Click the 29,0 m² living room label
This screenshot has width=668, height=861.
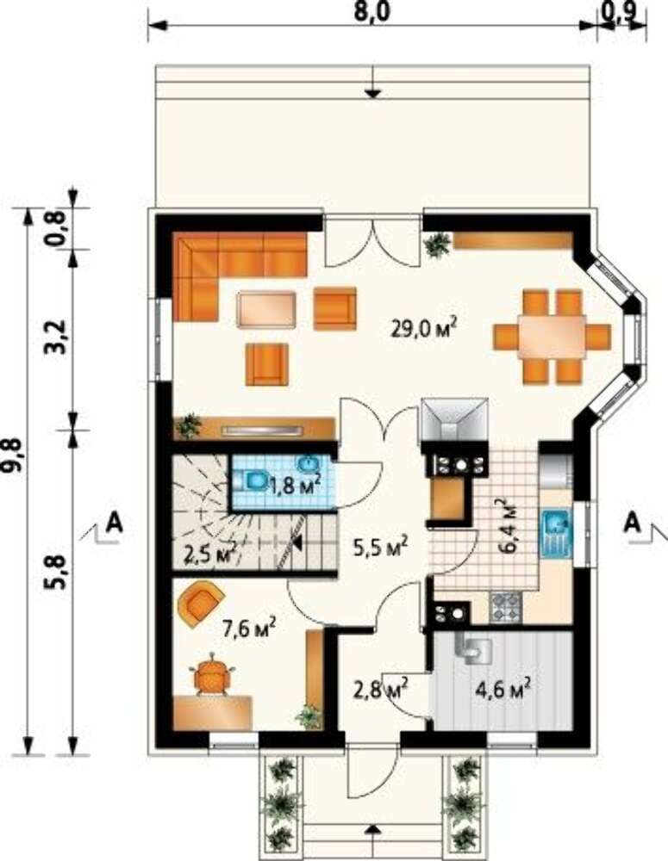pyautogui.click(x=424, y=327)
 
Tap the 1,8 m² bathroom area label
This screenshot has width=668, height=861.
pyautogui.click(x=294, y=484)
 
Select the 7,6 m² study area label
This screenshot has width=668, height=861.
pyautogui.click(x=249, y=628)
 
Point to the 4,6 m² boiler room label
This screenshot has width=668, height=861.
pyautogui.click(x=503, y=686)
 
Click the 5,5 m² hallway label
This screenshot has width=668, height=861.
pyautogui.click(x=380, y=546)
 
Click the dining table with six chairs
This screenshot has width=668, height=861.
pyautogui.click(x=552, y=337)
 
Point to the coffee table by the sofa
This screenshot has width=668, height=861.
pyautogui.click(x=266, y=310)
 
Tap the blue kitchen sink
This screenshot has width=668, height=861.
pyautogui.click(x=557, y=534)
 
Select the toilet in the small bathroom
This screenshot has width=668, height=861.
pyautogui.click(x=252, y=481)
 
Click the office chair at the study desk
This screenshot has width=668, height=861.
pyautogui.click(x=212, y=674)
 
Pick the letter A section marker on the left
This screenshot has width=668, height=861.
pyautogui.click(x=115, y=522)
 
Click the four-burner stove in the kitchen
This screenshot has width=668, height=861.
pyautogui.click(x=505, y=608)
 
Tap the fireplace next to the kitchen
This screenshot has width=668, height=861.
pyautogui.click(x=454, y=419)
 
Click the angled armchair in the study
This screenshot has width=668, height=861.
pyautogui.click(x=201, y=604)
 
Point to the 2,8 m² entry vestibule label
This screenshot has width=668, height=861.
pyautogui.click(x=382, y=687)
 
